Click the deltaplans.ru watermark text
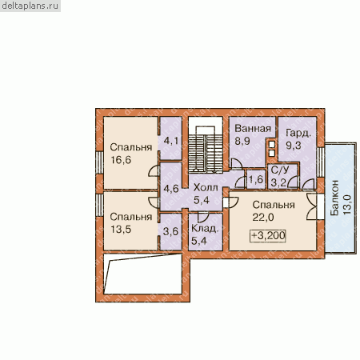pyautogui.click(x=30, y=6)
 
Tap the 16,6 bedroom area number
pyautogui.click(x=121, y=160)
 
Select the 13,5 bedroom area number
pyautogui.click(x=121, y=230)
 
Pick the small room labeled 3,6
pyautogui.click(x=170, y=231)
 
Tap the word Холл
pyautogui.click(x=206, y=187)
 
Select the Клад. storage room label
pyautogui.click(x=205, y=229)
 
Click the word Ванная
pyautogui.click(x=253, y=129)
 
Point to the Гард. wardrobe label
pyautogui.click(x=298, y=133)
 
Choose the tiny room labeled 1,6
pyautogui.click(x=256, y=180)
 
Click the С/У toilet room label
pyautogui.click(x=280, y=170)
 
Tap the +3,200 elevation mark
pyautogui.click(x=268, y=236)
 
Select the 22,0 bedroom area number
pyautogui.click(x=263, y=218)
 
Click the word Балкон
pyautogui.click(x=334, y=198)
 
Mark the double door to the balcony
pyautogui.click(x=312, y=206)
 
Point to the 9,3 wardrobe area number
pyautogui.click(x=294, y=146)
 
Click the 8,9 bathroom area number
pyautogui.click(x=242, y=141)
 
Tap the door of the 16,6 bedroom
pyautogui.click(x=154, y=170)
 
